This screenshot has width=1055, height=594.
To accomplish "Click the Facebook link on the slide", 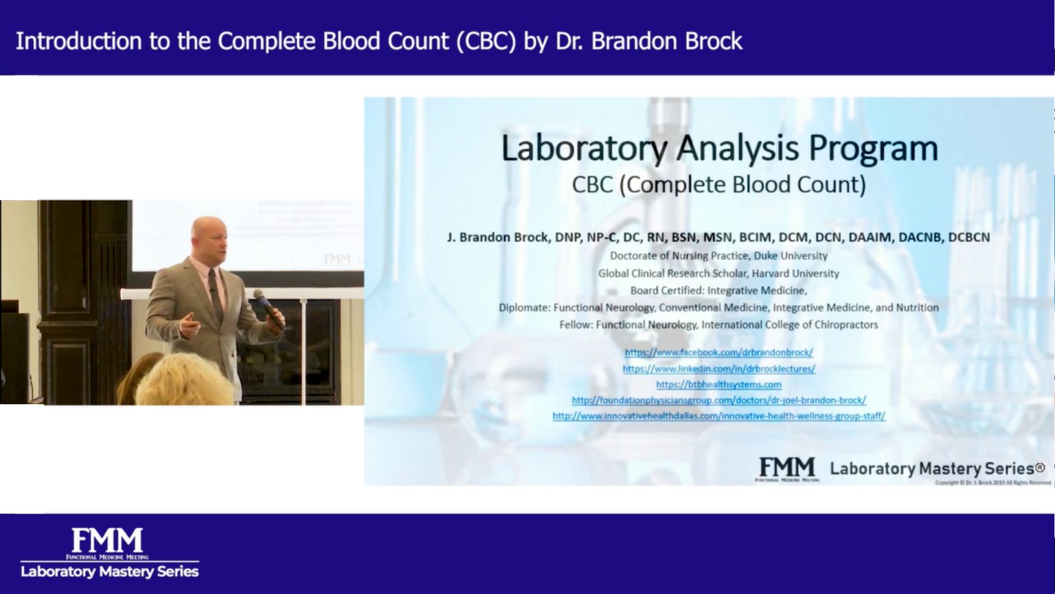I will (x=718, y=352).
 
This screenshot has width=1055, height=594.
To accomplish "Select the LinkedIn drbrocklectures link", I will (x=718, y=368).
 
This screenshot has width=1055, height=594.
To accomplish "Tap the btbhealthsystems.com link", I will (x=718, y=384).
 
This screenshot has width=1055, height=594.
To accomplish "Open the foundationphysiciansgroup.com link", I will (x=718, y=400).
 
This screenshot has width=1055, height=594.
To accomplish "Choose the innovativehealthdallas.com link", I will (x=718, y=416).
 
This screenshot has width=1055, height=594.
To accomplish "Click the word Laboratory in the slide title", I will (x=584, y=148).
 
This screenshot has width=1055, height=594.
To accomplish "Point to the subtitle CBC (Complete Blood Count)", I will (x=718, y=184).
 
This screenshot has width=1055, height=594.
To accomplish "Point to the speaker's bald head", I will (x=208, y=230).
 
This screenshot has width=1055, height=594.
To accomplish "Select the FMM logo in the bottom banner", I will (x=108, y=542).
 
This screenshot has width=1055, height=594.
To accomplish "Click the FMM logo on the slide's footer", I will (x=787, y=468).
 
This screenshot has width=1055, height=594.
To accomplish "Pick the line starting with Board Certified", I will (x=718, y=291).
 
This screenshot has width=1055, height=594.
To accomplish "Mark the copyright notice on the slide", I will (x=992, y=483).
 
